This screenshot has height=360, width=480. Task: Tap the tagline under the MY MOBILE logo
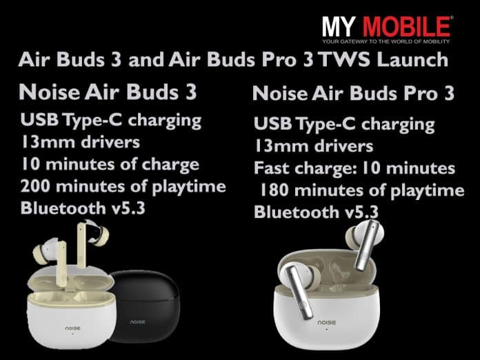pos(387,43)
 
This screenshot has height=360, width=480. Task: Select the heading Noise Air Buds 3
pos(108,92)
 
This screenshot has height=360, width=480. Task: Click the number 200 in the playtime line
pos(38,186)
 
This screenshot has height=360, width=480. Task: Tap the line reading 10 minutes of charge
pos(110,164)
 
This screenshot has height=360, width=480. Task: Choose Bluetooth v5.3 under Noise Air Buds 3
pos(83,208)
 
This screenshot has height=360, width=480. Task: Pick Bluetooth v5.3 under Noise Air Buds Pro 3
pos(317,212)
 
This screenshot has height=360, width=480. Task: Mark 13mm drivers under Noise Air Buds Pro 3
pos(313,146)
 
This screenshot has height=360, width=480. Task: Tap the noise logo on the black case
pos(141,321)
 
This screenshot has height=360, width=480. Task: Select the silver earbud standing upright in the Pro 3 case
pos(367,245)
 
